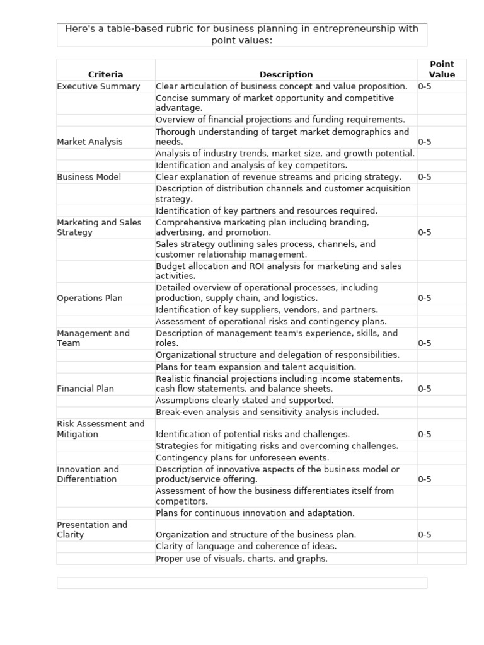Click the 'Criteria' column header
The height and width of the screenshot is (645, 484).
click(105, 74)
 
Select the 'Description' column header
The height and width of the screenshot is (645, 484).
click(285, 74)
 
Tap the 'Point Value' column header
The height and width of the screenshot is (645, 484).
click(441, 69)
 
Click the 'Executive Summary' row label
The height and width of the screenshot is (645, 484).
click(98, 86)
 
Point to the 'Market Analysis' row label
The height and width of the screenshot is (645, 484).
click(89, 142)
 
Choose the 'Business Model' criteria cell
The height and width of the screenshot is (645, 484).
click(89, 177)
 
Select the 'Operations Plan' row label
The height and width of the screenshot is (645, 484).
click(89, 298)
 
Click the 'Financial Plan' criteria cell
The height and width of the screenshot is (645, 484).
click(85, 389)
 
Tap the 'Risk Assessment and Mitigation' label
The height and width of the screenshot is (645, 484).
click(100, 429)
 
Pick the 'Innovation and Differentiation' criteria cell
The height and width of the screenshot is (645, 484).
click(88, 474)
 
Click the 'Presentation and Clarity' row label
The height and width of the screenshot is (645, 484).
click(92, 530)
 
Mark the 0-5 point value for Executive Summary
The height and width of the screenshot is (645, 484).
click(425, 86)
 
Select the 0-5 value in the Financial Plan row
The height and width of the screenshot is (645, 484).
click(425, 389)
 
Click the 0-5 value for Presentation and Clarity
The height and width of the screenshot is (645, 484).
click(425, 535)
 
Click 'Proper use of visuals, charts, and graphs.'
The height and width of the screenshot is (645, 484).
click(241, 559)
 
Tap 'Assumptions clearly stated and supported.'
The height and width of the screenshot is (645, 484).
click(245, 400)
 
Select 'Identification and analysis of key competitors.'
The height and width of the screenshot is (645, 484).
click(251, 165)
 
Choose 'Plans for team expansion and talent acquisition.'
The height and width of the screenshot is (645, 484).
click(256, 367)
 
